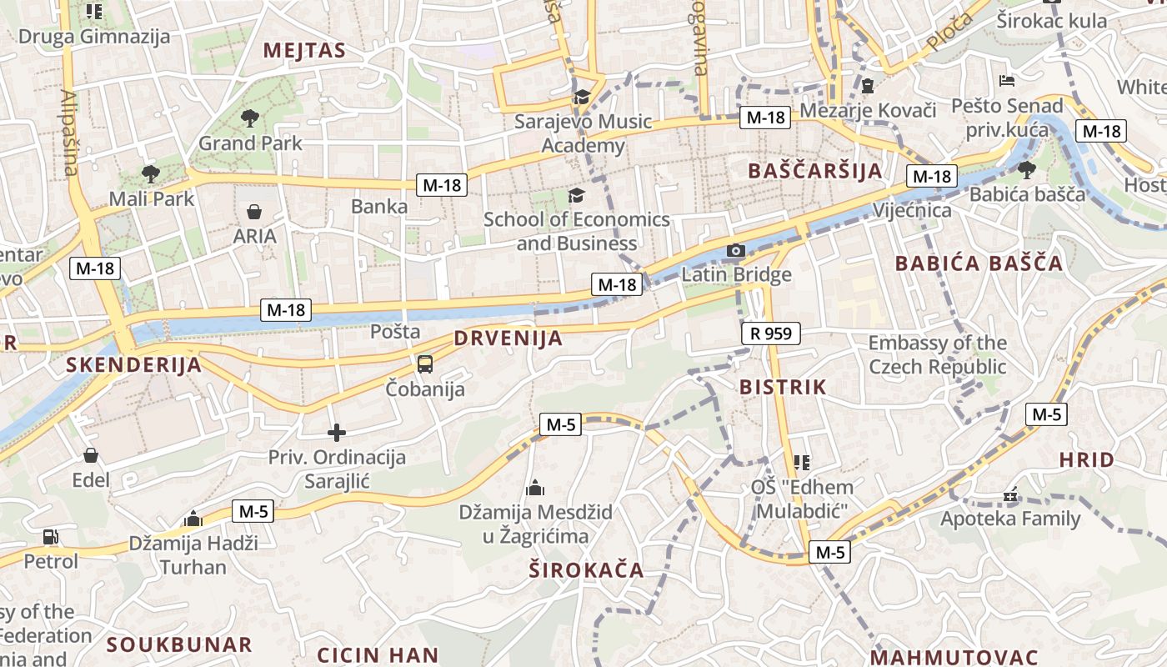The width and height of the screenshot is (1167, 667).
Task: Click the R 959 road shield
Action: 770,334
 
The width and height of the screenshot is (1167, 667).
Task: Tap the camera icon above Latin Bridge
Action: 735,250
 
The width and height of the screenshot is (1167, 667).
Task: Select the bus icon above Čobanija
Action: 425,364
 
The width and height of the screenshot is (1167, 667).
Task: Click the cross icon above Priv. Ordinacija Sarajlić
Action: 337,433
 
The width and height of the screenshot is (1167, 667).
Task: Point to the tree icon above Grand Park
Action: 249,118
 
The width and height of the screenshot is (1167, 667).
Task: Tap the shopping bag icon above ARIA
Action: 254,212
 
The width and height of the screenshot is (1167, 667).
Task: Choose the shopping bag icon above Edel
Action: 91,455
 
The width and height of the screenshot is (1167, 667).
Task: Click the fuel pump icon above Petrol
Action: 51,537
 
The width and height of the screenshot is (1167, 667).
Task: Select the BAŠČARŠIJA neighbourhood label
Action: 814,171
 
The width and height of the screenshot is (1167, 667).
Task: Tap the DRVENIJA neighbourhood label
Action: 508,339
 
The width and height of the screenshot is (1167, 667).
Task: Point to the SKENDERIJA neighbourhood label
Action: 133,364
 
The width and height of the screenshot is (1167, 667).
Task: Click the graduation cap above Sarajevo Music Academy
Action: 582,98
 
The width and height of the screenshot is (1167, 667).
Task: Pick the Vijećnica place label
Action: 912,210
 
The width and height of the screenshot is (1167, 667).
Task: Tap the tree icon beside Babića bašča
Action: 1026,170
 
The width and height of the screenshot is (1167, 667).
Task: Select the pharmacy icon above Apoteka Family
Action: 1010,496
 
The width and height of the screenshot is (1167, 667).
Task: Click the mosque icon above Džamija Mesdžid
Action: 535,488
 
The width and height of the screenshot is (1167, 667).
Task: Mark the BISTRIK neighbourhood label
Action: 783,387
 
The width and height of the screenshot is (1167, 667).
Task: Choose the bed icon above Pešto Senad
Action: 1007,81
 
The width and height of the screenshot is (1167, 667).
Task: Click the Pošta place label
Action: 395,331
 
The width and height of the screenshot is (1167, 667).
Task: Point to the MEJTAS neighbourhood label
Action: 304,50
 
